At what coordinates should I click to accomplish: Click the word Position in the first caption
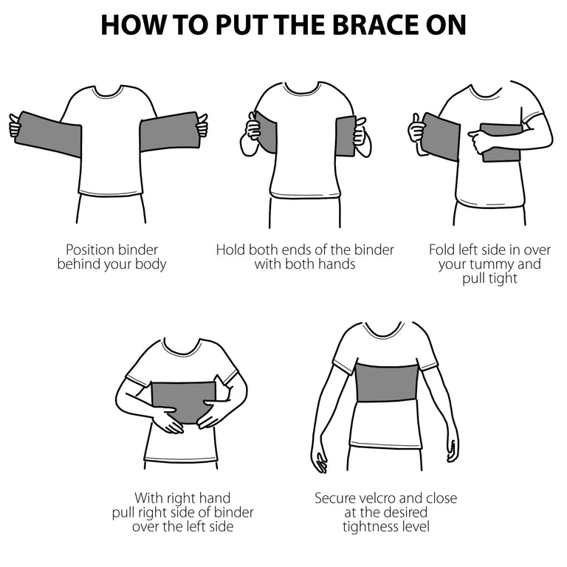[x=90, y=250]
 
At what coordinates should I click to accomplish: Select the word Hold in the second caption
[x=230, y=250]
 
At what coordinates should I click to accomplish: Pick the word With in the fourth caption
[x=147, y=498]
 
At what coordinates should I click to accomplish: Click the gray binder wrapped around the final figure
[x=386, y=382]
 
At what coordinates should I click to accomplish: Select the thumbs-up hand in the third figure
[x=417, y=132]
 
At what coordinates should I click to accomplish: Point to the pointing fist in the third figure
[x=480, y=141]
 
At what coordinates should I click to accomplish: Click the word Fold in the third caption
[x=442, y=250]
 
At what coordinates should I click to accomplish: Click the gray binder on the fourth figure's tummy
[x=184, y=399]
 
